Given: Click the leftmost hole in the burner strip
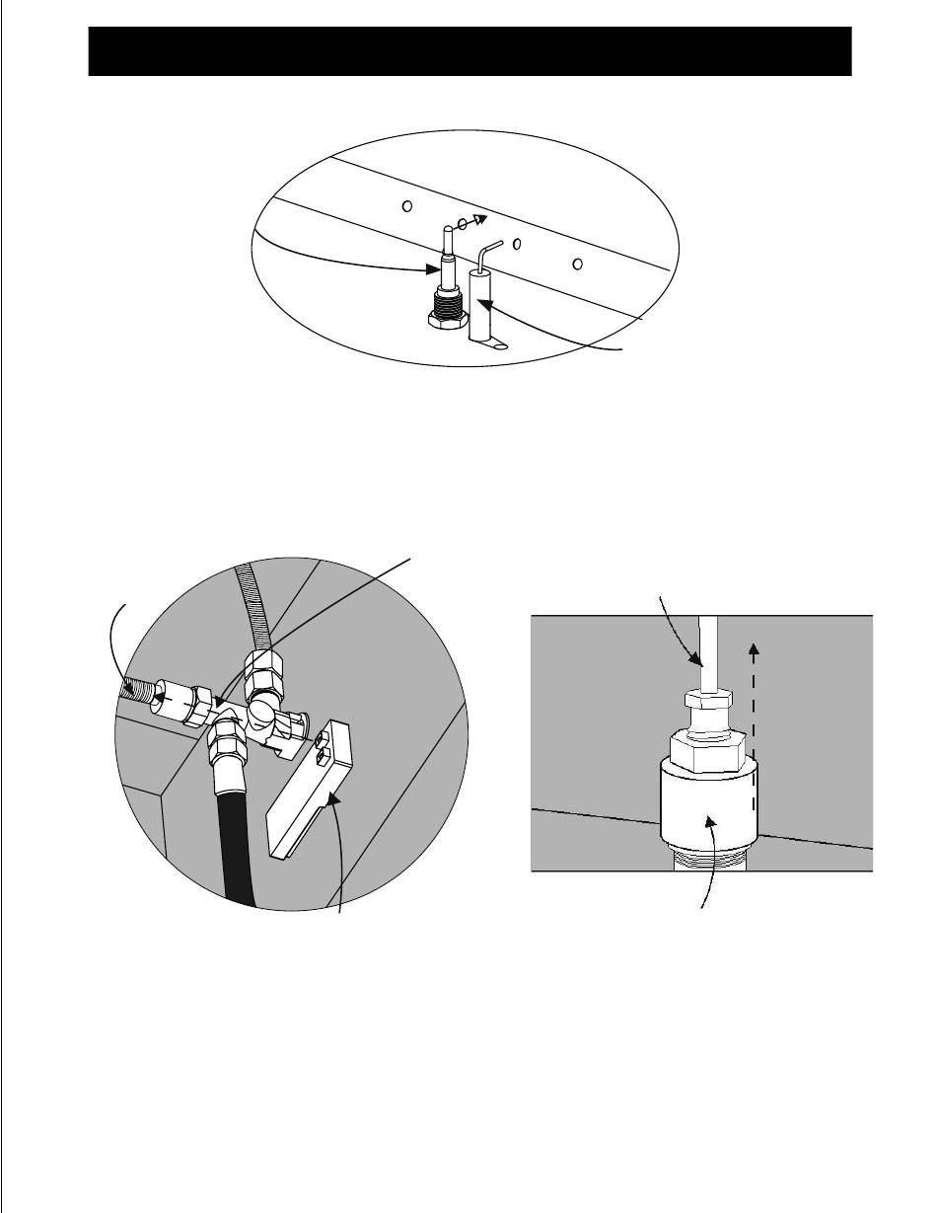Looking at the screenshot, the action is [406, 206].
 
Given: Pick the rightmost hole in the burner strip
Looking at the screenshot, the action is [578, 263].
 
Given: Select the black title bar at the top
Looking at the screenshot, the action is [469, 51].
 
